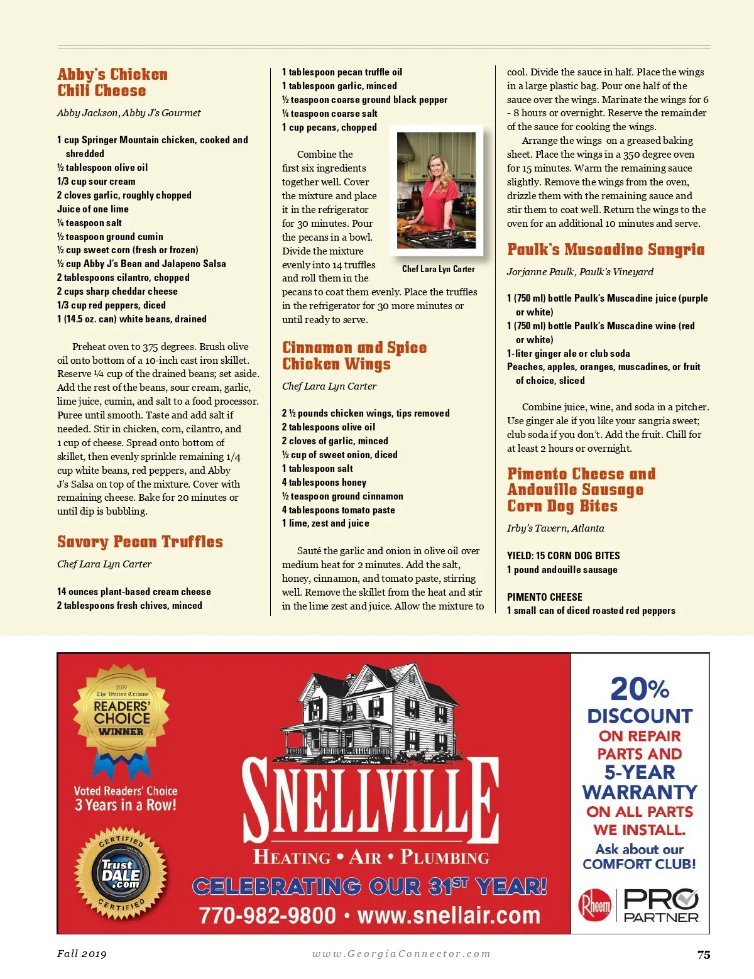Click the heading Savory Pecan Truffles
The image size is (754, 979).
(x=139, y=542)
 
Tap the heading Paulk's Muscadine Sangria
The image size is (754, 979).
(x=606, y=249)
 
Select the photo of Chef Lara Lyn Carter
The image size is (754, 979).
(x=436, y=190)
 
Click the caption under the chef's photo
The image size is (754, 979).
(x=438, y=269)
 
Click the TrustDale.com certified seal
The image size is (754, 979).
(x=121, y=874)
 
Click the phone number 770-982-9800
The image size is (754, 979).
(x=268, y=915)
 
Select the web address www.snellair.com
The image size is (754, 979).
(x=449, y=915)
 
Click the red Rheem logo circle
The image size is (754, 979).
(x=594, y=905)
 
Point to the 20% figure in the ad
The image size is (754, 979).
(x=640, y=689)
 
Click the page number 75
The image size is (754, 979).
(x=704, y=954)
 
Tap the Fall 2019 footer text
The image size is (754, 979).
(x=82, y=954)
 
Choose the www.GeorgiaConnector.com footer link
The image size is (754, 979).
(x=402, y=954)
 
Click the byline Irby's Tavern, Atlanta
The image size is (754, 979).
(x=555, y=528)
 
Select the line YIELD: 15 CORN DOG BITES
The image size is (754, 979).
(x=563, y=555)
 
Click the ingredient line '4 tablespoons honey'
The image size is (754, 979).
(x=324, y=482)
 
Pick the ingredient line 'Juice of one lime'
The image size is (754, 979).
(x=93, y=209)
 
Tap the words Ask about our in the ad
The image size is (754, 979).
(x=639, y=849)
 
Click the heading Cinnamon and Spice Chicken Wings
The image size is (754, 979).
(x=354, y=356)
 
